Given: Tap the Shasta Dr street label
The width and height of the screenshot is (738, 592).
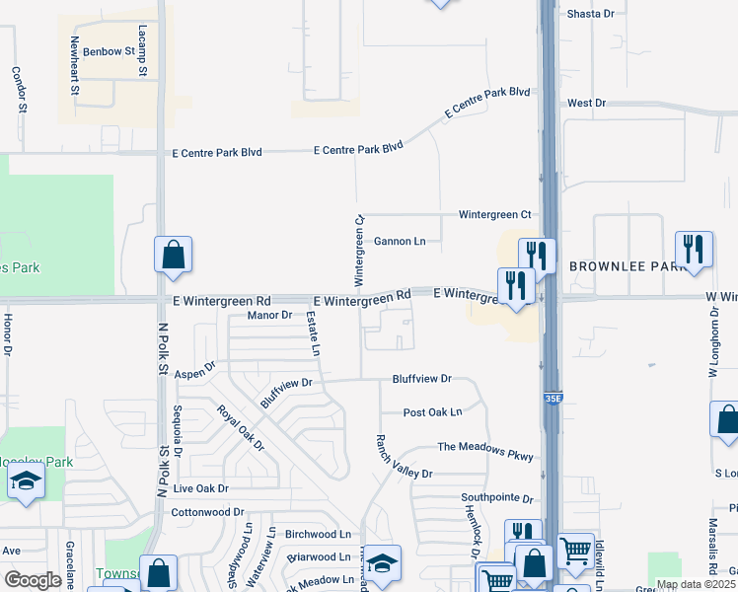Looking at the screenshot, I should pos(591,14).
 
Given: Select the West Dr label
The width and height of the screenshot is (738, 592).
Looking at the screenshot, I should pos(586,103).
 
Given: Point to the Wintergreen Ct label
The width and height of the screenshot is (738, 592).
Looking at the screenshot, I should pos(494,214).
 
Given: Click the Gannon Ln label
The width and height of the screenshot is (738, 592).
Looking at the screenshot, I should pos(399,241).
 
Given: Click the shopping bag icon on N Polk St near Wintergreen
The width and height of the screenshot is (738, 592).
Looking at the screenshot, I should pos(173,255).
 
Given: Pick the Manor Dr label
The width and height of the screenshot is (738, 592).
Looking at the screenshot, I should pos(270,316).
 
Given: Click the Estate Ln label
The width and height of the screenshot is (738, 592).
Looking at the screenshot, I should pos(314,333).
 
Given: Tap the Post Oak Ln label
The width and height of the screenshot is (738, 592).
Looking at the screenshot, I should pos(432,412).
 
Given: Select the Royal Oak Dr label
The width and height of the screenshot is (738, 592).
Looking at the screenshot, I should pos(241,427).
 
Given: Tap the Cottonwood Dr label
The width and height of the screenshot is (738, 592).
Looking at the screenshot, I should pos(207,512).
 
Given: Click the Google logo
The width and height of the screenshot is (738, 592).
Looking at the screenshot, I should pos(34,580).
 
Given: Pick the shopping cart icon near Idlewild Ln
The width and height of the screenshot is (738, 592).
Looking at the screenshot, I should pos(575,550).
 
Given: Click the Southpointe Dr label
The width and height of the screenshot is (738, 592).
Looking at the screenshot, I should pos(496,498).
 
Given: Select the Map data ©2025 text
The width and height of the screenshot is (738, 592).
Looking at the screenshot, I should pos(696,584).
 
